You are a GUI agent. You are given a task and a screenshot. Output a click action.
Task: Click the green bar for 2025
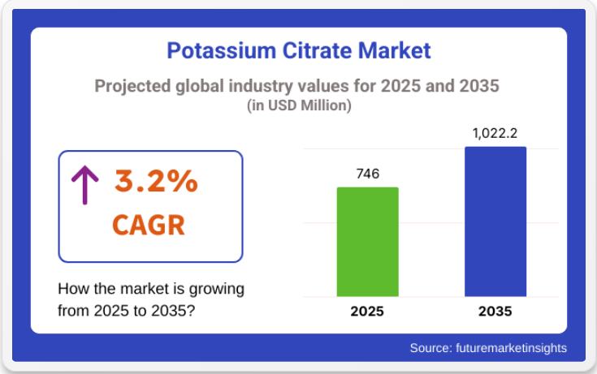(x=367, y=242)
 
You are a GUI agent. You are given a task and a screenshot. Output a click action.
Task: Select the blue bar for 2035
(x=495, y=221)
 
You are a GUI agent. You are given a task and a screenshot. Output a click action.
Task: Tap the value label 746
(x=368, y=174)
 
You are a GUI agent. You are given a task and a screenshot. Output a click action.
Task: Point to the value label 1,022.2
(x=495, y=134)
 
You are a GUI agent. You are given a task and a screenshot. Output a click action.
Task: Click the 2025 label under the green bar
(x=367, y=312)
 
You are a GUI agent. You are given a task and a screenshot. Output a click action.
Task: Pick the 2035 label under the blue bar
(x=495, y=312)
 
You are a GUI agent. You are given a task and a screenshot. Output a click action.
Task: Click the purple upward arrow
(x=85, y=185)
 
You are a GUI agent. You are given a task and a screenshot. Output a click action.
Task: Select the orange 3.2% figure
(x=156, y=181)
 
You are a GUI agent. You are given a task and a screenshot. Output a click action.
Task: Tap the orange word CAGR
(x=149, y=226)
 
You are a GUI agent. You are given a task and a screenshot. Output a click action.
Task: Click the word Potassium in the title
(x=221, y=50)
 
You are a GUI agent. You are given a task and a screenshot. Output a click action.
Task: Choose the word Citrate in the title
(x=317, y=50)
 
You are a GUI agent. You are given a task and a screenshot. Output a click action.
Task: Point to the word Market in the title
(x=395, y=50)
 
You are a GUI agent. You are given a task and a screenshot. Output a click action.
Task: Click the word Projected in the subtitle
(x=132, y=86)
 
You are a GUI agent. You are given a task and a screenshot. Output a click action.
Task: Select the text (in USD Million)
(x=299, y=105)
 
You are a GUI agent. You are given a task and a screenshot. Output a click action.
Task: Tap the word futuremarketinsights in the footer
(x=512, y=348)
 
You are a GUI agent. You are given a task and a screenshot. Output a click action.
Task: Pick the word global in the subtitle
(x=200, y=86)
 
